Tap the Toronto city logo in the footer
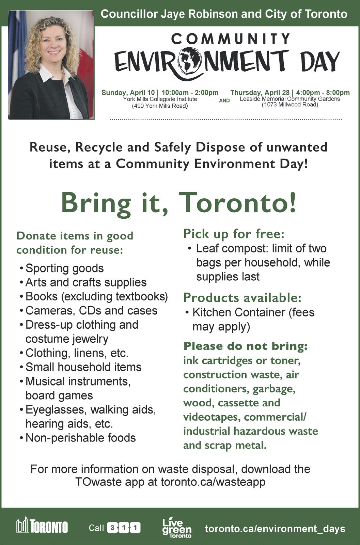[x=42, y=526]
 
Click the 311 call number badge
[x=124, y=528]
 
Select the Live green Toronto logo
[x=176, y=528]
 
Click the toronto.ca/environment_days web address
[x=275, y=528]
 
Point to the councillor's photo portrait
[x=51, y=65]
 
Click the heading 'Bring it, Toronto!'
[x=178, y=203]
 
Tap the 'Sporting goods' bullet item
[x=64, y=268]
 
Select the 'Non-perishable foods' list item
[x=80, y=438]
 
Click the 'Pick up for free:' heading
[x=234, y=234]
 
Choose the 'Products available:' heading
[x=242, y=297]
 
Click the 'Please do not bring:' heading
[x=245, y=346]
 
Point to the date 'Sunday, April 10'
[x=128, y=93]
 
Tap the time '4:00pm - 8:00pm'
[x=323, y=92]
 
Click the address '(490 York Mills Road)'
[x=160, y=106]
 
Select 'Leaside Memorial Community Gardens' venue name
[x=290, y=99]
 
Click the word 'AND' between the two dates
[x=224, y=100]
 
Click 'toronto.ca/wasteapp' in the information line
[x=213, y=482]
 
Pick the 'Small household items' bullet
[x=83, y=367]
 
